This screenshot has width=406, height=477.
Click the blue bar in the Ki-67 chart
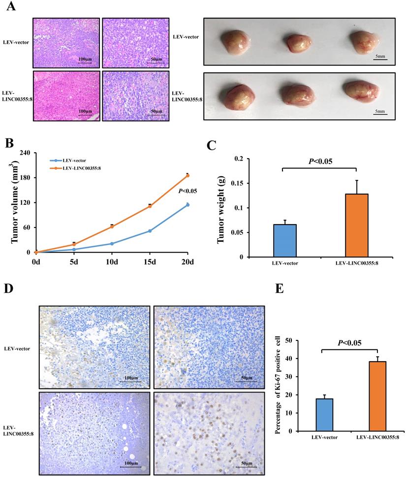(321, 415)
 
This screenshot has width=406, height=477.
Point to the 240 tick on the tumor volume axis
(25, 153)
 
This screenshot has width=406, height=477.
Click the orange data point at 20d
(187, 175)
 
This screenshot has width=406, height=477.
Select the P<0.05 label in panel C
(319, 161)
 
